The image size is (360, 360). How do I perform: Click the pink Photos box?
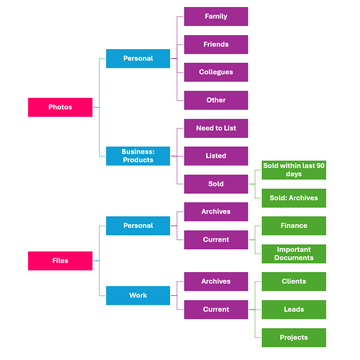60,107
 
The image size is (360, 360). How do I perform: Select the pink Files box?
60,261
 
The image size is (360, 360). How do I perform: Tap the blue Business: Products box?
138,156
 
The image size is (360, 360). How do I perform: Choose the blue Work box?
138,296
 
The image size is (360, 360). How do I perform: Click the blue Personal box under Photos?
138,59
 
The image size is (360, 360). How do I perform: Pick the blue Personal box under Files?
138,226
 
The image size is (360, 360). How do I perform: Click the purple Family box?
216,17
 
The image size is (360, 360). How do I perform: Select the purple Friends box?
216,45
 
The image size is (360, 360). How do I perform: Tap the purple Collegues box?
216,72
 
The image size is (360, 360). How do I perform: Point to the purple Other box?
216,100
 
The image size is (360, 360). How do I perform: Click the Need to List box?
216,128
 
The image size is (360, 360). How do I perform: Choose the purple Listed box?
216,156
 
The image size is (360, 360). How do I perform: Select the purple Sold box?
216,184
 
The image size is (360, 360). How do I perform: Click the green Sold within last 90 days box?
294,170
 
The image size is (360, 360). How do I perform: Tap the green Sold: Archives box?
294,198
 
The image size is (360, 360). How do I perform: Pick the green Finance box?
294,226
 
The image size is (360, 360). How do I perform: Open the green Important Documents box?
294,254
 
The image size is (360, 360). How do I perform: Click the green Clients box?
294,282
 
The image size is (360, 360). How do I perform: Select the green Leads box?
294,310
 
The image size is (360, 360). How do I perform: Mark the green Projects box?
294,338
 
